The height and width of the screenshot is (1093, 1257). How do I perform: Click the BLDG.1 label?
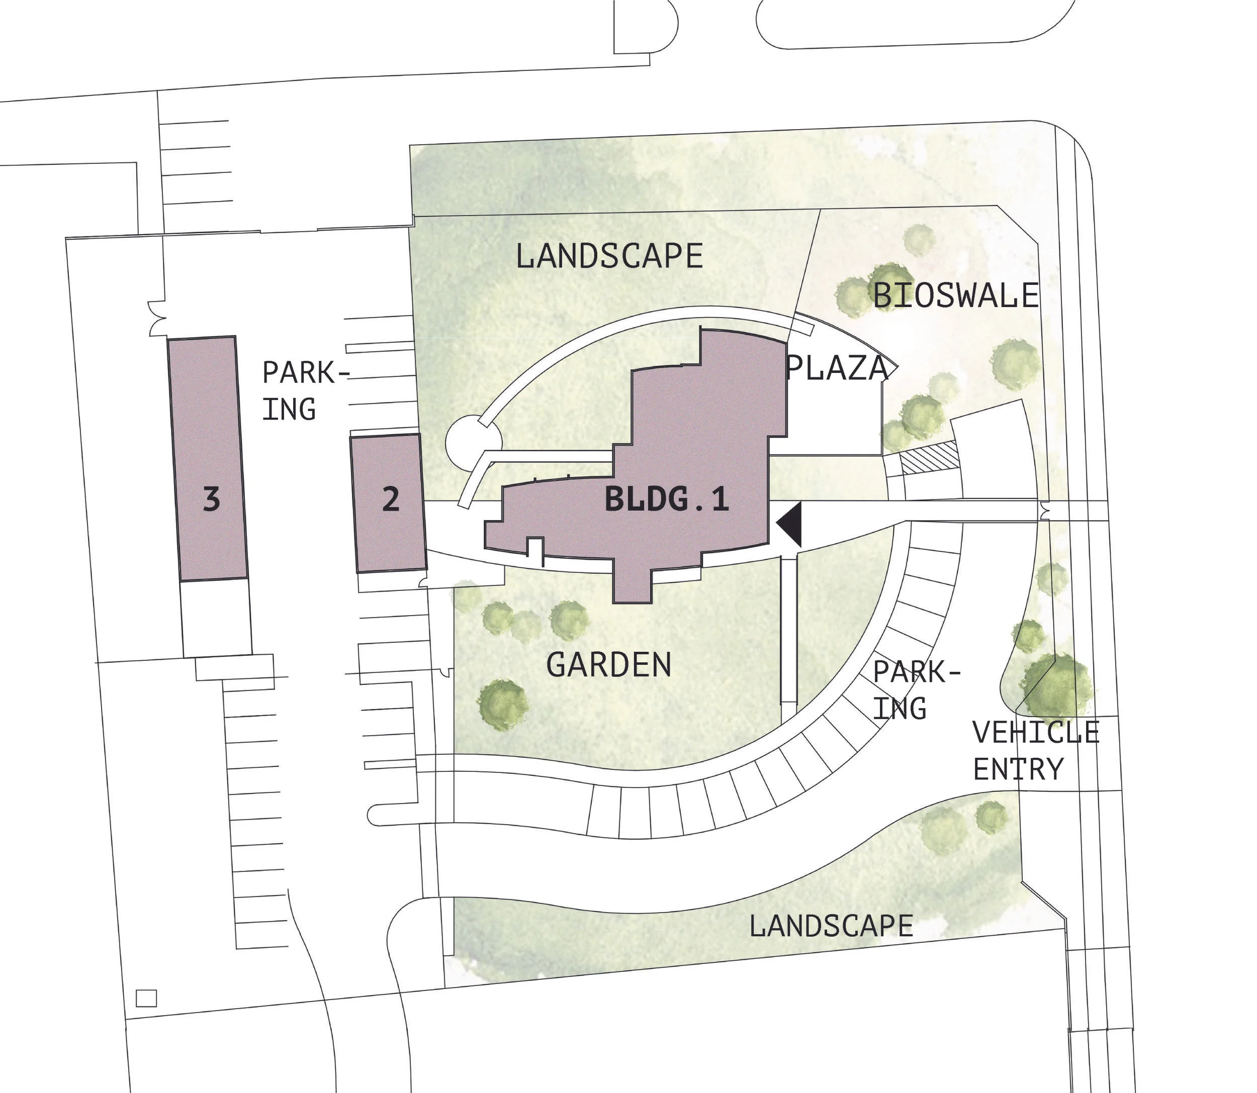click(x=666, y=500)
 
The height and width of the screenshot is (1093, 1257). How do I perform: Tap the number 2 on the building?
click(x=391, y=500)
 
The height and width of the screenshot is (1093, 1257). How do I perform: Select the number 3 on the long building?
click(x=211, y=500)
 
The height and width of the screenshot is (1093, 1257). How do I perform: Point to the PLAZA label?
click(x=837, y=368)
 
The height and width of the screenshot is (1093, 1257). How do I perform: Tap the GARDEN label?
click(x=608, y=665)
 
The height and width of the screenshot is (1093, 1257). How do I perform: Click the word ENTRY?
click(x=1018, y=770)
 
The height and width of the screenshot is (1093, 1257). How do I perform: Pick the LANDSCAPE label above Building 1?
click(x=609, y=256)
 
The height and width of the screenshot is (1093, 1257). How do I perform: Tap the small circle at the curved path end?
click(x=474, y=442)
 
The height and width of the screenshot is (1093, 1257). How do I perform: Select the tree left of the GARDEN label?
click(x=503, y=703)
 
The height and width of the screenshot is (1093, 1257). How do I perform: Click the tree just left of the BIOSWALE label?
click(x=852, y=297)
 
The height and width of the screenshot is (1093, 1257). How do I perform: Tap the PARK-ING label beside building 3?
click(x=298, y=391)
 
